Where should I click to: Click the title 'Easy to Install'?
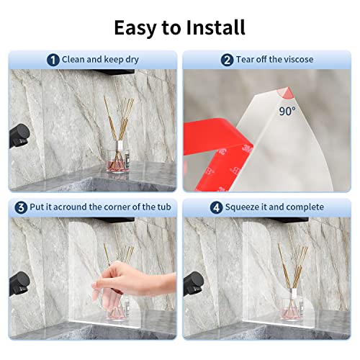[179, 27]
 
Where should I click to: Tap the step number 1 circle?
[53, 60]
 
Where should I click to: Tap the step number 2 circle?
[227, 60]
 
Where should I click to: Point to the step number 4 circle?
[196, 207]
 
